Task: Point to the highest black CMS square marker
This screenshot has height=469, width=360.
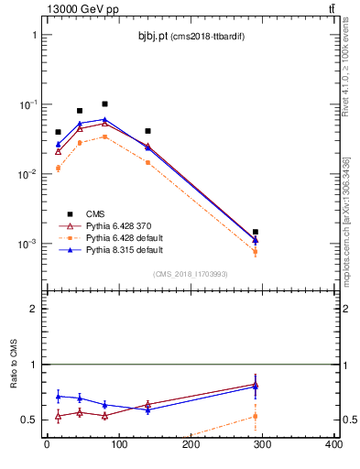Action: pyautogui.click(x=104, y=104)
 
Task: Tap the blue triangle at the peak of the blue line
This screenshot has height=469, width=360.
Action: pyautogui.click(x=104, y=119)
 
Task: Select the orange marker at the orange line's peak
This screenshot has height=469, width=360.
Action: pyautogui.click(x=104, y=136)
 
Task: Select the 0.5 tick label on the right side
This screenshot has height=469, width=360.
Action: pyautogui.click(x=347, y=420)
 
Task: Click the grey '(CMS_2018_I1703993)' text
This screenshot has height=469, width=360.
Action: pyautogui.click(x=190, y=273)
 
